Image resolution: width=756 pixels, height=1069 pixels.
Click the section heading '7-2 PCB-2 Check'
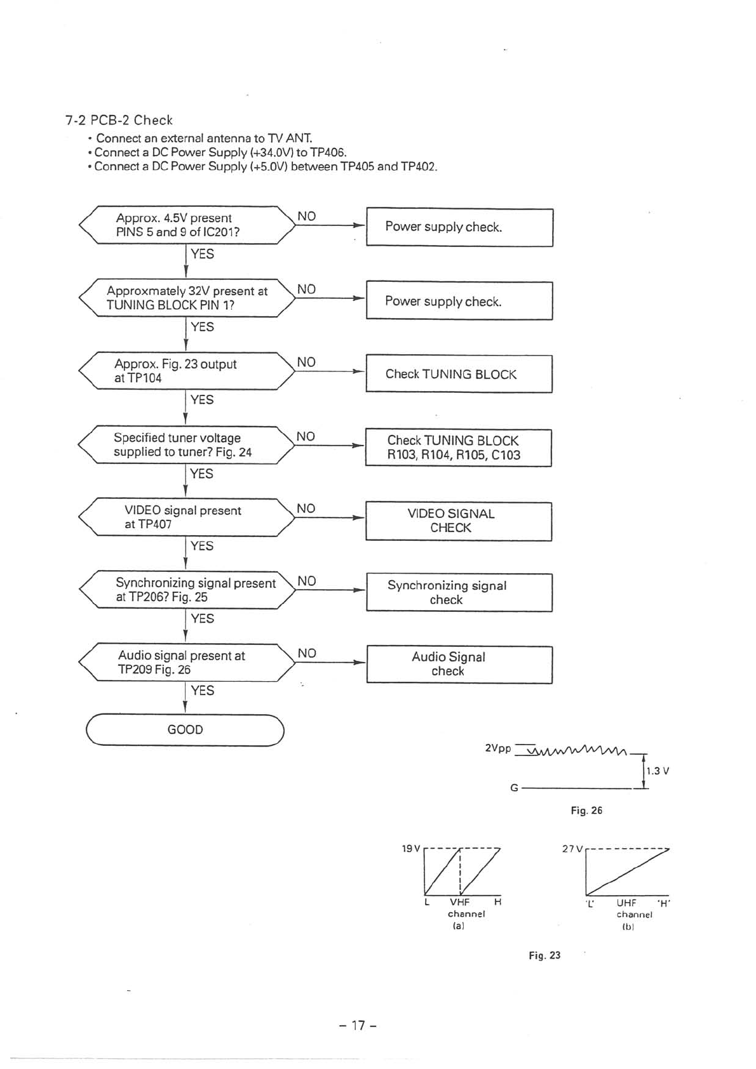tap(119, 120)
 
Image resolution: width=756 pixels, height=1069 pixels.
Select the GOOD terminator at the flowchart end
tap(185, 729)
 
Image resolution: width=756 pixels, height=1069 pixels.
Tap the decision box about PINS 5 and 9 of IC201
tap(186, 225)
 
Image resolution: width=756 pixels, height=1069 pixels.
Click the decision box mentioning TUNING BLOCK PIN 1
tap(186, 298)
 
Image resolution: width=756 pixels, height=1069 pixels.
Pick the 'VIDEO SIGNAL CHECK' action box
tap(458, 521)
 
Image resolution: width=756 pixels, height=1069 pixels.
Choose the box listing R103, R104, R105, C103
tap(458, 448)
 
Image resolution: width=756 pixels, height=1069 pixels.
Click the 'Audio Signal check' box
tap(459, 664)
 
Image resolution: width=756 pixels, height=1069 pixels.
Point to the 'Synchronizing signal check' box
tap(459, 592)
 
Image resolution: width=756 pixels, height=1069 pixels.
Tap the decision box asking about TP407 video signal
tap(186, 517)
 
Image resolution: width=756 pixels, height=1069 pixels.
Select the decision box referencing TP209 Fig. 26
tap(186, 662)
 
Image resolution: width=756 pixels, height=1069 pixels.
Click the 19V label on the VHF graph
tap(411, 848)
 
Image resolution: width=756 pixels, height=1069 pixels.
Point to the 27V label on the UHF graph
tap(571, 848)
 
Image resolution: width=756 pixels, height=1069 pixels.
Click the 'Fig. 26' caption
tap(586, 811)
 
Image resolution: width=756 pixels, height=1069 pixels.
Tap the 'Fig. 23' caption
tap(544, 955)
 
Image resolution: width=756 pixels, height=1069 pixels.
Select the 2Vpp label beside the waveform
tap(497, 748)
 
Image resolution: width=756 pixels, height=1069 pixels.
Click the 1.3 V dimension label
tap(658, 771)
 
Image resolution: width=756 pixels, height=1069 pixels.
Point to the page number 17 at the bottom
tap(358, 1025)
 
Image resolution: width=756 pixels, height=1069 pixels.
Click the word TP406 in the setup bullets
tap(328, 152)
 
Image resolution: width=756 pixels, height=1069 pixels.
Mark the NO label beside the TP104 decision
tap(306, 362)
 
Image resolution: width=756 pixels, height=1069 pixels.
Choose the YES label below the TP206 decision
tap(202, 618)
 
